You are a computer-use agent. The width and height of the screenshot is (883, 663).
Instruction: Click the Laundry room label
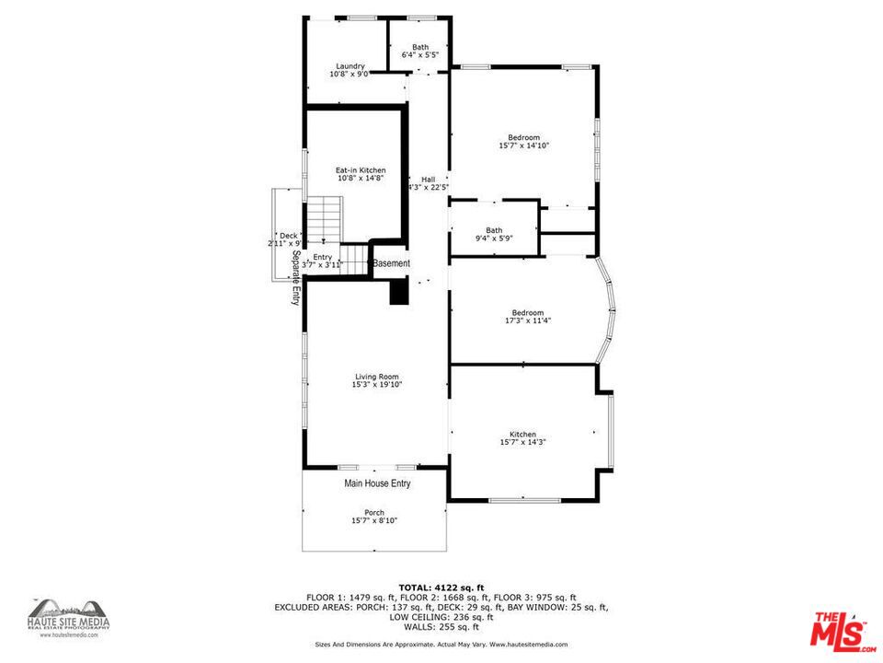click(x=350, y=66)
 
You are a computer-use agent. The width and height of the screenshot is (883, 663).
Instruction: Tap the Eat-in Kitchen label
click(x=360, y=170)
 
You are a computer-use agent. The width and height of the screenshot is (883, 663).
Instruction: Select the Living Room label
click(x=377, y=376)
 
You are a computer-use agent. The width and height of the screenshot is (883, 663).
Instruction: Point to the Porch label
click(x=374, y=513)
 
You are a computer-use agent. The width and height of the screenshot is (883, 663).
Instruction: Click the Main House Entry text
click(x=377, y=483)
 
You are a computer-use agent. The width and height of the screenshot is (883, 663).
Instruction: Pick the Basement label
click(x=391, y=263)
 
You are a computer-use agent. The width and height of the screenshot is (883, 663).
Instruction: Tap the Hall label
click(x=428, y=180)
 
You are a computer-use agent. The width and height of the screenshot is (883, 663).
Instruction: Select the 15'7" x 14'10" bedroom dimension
click(x=524, y=145)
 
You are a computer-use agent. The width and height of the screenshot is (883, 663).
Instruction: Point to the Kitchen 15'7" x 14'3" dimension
click(x=523, y=443)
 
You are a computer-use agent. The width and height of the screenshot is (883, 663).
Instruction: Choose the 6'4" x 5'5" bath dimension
click(x=420, y=55)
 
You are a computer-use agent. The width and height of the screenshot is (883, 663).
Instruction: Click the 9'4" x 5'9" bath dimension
click(x=494, y=238)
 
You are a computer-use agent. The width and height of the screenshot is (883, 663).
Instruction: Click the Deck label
click(x=288, y=236)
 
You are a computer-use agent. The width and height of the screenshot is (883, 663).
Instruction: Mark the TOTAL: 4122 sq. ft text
click(x=441, y=587)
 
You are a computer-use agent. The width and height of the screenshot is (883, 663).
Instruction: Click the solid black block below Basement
click(x=399, y=292)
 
